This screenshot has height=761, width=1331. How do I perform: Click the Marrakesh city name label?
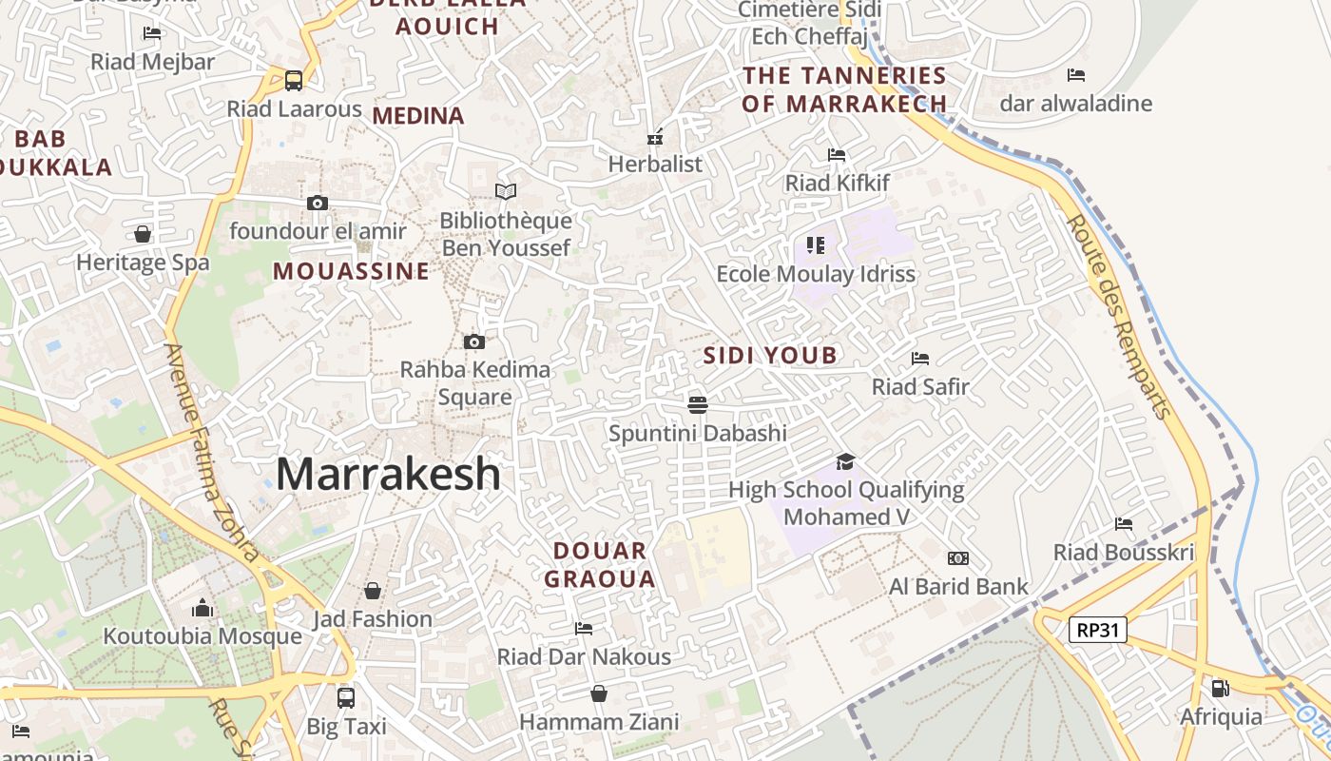coord(388,474)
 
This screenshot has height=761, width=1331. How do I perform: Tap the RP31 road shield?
coord(1097,630)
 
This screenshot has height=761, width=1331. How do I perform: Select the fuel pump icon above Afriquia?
coord(1220,688)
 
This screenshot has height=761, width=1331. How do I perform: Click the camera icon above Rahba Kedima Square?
coord(474,342)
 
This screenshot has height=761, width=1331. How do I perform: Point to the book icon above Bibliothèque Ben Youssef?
coord(506,192)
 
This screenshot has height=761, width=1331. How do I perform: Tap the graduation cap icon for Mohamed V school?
coord(845,462)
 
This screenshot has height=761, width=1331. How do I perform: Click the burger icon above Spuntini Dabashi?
coord(697,405)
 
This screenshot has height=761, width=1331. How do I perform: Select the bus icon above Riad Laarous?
coord(294,81)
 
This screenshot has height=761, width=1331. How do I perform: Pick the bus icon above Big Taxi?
coord(346,698)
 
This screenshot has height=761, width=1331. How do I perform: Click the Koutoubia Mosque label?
coord(203,636)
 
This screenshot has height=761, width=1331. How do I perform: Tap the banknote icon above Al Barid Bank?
coord(957,558)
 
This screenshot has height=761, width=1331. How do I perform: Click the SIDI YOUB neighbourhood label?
coord(770,356)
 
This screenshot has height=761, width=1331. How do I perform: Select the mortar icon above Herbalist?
coord(654,137)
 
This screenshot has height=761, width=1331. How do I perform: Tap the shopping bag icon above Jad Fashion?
coord(373,591)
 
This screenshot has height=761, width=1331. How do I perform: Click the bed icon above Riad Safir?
coord(919,359)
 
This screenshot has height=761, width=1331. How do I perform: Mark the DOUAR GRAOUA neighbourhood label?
coord(599,564)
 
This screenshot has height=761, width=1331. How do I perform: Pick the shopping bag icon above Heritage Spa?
coord(143,234)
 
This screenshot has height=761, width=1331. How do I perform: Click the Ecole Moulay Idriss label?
coord(815,274)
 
